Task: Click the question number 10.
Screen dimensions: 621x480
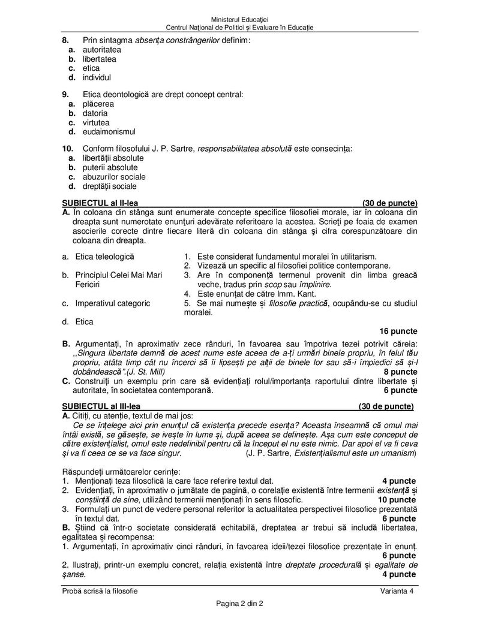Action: coord(67,148)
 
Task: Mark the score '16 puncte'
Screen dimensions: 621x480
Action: coord(398,331)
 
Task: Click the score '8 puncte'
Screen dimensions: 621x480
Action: coord(400,372)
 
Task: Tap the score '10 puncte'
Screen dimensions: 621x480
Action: coord(397,499)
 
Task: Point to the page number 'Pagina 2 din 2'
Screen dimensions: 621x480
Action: coord(239,603)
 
